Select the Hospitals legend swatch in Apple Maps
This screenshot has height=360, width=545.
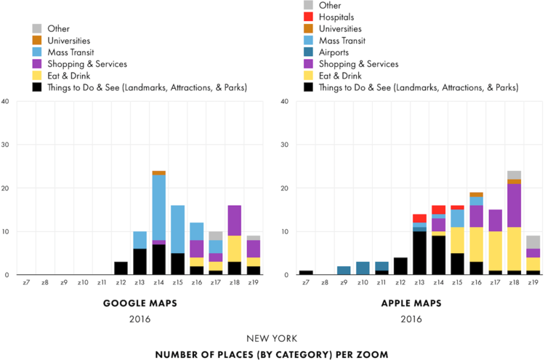[x=308, y=17]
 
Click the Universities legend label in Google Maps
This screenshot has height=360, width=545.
[x=69, y=41]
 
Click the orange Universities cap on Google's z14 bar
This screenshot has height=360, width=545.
[x=159, y=173]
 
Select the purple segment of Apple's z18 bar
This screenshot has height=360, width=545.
[x=514, y=206]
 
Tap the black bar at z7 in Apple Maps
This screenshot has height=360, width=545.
[x=305, y=273]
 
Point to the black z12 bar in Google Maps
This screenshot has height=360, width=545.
[x=121, y=268]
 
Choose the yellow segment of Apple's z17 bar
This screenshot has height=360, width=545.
[x=496, y=251]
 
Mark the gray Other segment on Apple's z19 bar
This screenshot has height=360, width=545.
[x=533, y=242]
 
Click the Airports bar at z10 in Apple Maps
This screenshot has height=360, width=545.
[x=363, y=268]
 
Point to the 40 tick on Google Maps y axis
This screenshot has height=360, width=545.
[x=6, y=101]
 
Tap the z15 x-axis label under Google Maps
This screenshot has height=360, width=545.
[x=178, y=282]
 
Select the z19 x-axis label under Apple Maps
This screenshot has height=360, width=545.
[x=533, y=282]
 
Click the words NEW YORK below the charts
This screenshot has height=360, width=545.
[x=273, y=339]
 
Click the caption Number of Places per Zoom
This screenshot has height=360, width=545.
[x=273, y=354]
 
